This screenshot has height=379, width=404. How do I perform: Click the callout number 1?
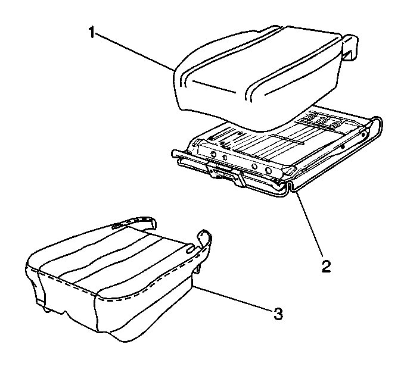click(92, 32)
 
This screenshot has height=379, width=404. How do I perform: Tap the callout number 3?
click(278, 314)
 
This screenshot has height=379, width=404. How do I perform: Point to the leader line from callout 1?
click(134, 51)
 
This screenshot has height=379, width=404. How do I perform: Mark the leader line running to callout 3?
click(232, 299)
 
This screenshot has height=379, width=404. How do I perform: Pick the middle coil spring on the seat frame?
click(320, 121)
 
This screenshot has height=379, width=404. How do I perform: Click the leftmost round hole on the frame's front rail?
click(213, 154)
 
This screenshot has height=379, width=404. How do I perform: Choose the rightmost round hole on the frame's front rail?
click(268, 170)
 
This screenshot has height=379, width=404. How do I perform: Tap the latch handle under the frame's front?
click(226, 175)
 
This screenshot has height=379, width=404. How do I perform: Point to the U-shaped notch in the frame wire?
click(290, 187)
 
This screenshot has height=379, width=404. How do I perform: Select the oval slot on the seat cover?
click(190, 249)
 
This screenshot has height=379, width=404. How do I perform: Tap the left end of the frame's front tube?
click(174, 154)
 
